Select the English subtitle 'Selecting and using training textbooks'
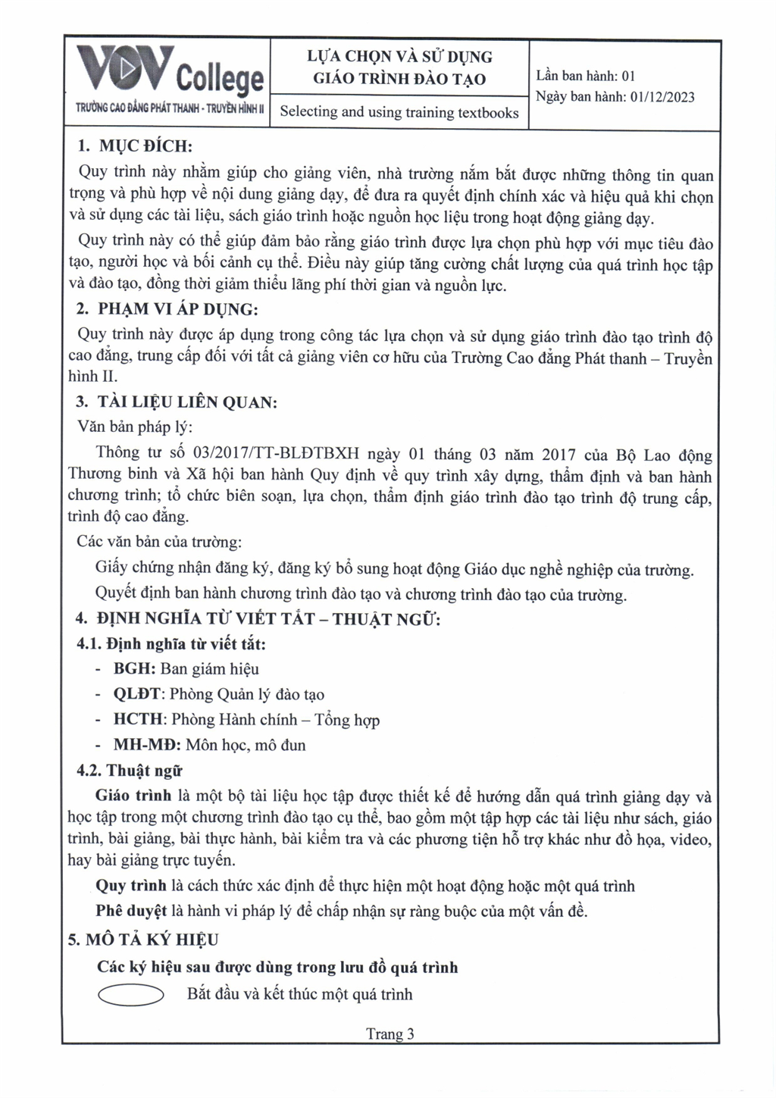[x=399, y=112]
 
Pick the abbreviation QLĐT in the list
[x=137, y=695]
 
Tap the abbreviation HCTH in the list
[x=138, y=720]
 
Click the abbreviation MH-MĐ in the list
[x=147, y=746]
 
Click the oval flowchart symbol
[x=130, y=995]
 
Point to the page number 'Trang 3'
[x=390, y=1034]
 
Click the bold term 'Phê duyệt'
[x=130, y=911]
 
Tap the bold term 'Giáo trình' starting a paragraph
[x=133, y=796]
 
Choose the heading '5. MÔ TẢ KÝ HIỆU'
[x=143, y=940]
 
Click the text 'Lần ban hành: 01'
[x=585, y=76]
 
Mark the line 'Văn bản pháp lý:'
[x=135, y=427]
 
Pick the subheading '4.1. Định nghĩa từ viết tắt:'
[x=171, y=644]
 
